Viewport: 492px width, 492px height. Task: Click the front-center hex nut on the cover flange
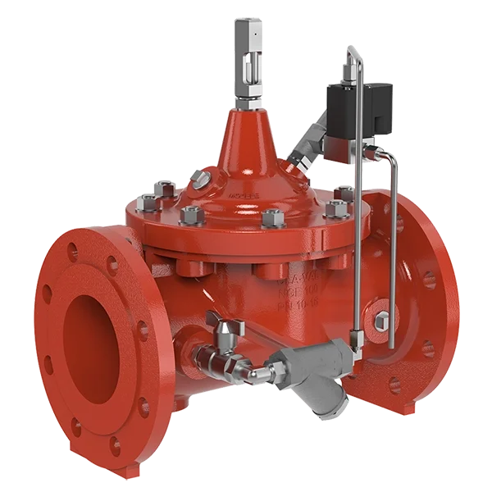pos(271,219)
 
